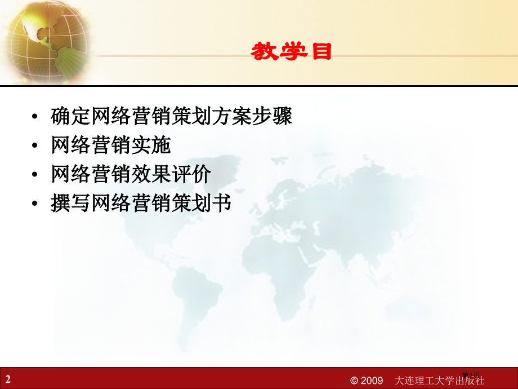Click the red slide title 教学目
tap(291, 52)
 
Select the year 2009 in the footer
tap(372, 381)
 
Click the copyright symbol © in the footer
tap(354, 381)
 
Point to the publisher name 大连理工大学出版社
tap(440, 381)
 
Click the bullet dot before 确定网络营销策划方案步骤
tap(36, 117)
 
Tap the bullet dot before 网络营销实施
tap(36, 147)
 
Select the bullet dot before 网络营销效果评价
tap(36, 175)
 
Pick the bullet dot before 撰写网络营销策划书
tap(36, 204)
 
